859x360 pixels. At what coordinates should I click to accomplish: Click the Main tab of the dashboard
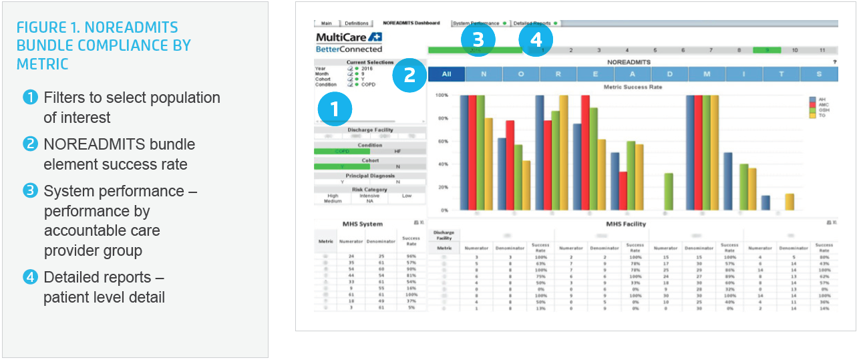point(327,23)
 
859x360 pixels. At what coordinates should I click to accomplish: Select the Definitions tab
point(356,23)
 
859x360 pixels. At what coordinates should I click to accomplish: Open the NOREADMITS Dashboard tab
point(411,23)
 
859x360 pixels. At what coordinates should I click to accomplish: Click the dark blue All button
point(446,74)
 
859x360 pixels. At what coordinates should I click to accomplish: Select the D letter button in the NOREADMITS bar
point(670,74)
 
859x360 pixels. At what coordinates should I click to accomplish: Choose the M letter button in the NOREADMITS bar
point(707,74)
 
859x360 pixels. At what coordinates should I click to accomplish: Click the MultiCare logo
point(349,37)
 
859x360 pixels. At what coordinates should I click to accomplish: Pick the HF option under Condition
point(397,152)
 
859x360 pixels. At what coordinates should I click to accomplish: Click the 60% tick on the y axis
point(442,142)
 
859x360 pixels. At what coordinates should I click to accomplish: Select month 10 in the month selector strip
point(794,50)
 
